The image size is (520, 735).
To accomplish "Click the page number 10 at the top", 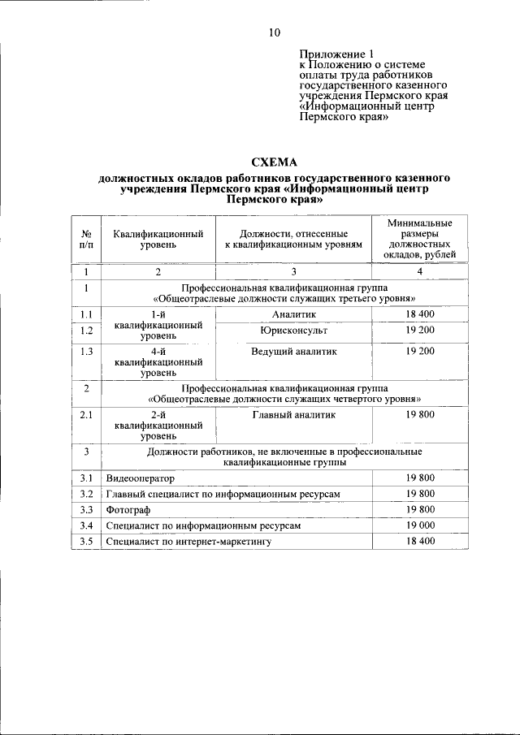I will [275, 32].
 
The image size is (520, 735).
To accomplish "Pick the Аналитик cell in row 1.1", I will [293, 313].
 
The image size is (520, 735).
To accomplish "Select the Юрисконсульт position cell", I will [293, 331].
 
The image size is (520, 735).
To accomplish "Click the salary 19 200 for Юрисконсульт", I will [420, 331].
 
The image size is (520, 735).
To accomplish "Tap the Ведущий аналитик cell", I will [293, 351].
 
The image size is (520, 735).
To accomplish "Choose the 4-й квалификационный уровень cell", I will [158, 361].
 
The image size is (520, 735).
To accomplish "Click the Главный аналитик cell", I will [293, 414].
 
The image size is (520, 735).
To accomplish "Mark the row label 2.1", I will [86, 414].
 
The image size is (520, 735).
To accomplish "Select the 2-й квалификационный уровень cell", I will [158, 425].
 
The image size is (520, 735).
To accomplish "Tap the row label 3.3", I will [86, 510].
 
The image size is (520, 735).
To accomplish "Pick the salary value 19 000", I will [420, 525].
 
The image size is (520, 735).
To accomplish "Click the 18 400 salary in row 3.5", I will [420, 541].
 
